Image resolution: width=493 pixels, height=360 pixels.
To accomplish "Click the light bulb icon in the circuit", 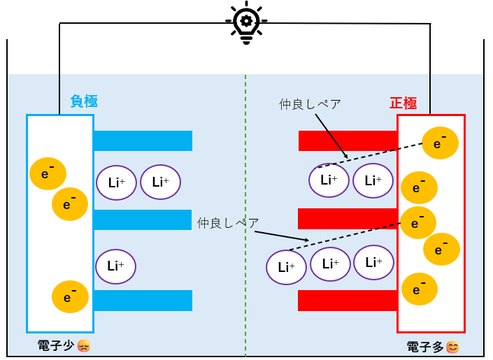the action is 246,22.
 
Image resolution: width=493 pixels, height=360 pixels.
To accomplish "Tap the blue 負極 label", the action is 84,101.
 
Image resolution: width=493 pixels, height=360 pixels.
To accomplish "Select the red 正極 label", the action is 403,103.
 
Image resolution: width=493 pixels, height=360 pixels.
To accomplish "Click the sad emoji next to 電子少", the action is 84,346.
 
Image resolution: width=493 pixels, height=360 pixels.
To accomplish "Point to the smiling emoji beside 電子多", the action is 452,347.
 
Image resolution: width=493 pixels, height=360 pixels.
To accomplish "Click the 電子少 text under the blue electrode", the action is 56,346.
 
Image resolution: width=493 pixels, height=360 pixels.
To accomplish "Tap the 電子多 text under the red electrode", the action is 425,347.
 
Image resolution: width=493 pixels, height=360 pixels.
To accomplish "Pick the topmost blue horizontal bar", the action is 143,141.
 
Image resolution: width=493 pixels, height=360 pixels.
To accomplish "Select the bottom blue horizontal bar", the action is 143,301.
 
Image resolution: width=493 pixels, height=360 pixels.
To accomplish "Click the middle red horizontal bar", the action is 348,219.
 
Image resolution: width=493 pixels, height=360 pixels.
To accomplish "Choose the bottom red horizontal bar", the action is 348,301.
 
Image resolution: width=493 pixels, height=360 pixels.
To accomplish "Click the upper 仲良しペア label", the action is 310,104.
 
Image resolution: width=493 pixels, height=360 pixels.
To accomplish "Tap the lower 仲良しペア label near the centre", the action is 228,223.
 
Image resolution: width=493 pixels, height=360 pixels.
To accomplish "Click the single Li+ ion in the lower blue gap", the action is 115,266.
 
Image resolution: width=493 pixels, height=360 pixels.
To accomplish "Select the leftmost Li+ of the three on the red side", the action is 286,267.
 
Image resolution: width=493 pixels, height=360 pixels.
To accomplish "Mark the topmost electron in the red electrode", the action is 440,143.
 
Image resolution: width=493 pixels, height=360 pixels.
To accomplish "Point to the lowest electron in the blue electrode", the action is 70,297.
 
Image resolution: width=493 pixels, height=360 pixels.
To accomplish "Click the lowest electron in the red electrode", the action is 420,289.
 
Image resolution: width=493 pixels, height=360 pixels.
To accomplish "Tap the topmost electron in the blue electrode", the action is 48,173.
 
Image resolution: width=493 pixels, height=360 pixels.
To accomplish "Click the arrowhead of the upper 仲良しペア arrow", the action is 346,157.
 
